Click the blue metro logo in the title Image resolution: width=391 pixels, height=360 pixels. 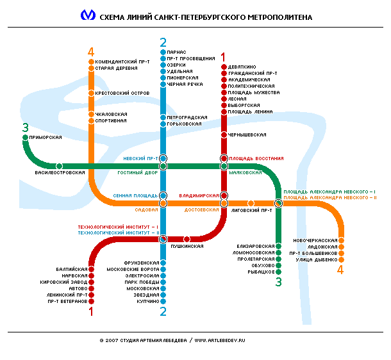pos(88,15)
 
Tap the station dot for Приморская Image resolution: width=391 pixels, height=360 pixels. pos(25,137)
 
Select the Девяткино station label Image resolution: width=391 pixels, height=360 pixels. pos(242,67)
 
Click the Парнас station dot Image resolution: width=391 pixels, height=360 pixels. pos(163,52)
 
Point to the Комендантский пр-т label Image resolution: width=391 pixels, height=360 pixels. pos(122,61)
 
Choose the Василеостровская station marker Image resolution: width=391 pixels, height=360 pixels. pos(59,166)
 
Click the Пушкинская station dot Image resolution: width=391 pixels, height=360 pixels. pos(187,239)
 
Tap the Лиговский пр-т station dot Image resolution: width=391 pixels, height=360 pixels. pos(251,203)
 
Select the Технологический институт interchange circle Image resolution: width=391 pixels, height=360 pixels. pos(163,239)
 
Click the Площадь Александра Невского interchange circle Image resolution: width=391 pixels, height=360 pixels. pos(279,203)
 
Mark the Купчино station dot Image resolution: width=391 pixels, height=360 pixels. pos(163,301)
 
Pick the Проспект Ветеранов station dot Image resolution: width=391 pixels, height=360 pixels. pos(91,301)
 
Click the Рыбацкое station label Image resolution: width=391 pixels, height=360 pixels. pos(261,272)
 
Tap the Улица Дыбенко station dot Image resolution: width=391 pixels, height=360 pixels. pos(341,259)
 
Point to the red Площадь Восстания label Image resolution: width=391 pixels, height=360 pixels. pos(256,158)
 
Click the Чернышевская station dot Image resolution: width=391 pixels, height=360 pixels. pos(224,135)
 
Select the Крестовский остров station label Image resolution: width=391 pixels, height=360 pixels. pos(122,93)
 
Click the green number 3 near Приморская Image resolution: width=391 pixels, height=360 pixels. pos(26,127)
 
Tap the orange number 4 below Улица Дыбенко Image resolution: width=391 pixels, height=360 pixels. pos(340,270)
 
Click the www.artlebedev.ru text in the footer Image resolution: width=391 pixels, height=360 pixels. pos(220,340)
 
